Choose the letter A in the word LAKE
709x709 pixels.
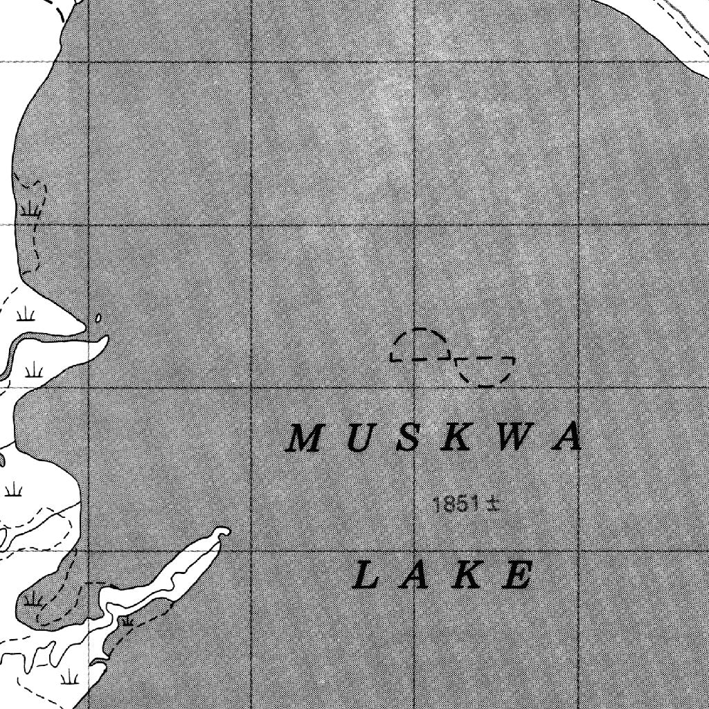(x=415, y=576)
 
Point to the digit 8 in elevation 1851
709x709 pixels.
(x=447, y=504)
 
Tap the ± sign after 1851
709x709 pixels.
(x=493, y=504)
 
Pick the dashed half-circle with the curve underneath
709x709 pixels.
(x=485, y=370)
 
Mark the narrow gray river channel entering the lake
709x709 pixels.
(x=42, y=339)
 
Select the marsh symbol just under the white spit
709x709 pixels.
(x=127, y=620)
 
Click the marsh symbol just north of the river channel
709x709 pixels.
(x=26, y=316)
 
